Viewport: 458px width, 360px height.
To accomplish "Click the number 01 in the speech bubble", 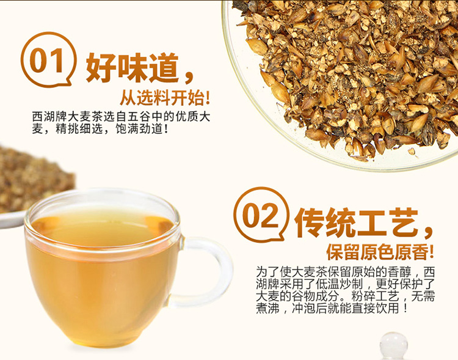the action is [46, 61].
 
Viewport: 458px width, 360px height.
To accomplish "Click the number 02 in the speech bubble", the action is [260, 216].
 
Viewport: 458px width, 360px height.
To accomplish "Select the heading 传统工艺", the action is [356, 222].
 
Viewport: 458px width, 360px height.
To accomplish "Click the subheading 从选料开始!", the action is [165, 98].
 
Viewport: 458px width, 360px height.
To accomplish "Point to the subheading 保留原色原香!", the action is [380, 252].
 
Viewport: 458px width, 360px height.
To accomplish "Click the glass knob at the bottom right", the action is [393, 345].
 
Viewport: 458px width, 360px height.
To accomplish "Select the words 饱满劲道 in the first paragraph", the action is [139, 129].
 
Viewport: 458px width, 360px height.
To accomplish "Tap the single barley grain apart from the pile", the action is [412, 151].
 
